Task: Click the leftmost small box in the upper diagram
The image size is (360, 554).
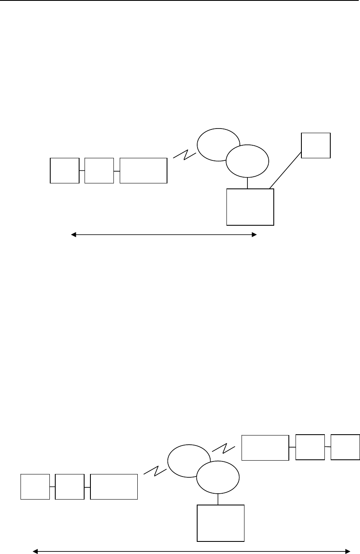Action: [x=64, y=170]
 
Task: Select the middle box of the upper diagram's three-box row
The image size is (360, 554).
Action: [x=99, y=170]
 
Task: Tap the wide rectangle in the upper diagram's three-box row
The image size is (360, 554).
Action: [x=143, y=170]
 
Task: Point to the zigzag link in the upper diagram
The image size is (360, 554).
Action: [x=184, y=155]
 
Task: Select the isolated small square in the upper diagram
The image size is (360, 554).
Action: [x=316, y=145]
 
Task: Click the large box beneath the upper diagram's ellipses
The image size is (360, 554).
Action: [x=250, y=207]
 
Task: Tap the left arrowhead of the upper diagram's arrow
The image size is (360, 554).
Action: [x=73, y=235]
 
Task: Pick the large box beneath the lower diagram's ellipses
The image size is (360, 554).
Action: [x=220, y=523]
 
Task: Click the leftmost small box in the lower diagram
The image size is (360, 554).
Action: [x=35, y=487]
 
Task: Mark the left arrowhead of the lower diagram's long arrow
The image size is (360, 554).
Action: [x=35, y=551]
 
